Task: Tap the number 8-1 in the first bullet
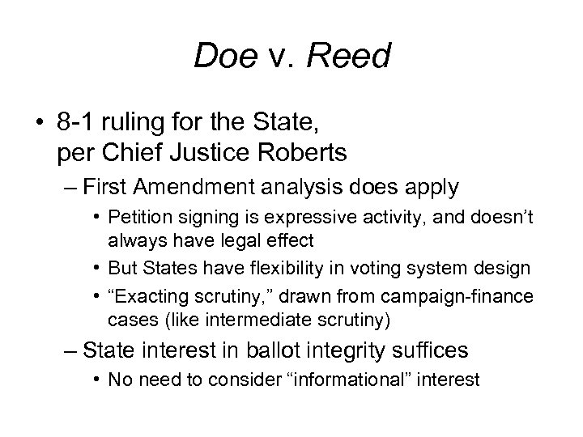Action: (x=76, y=123)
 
